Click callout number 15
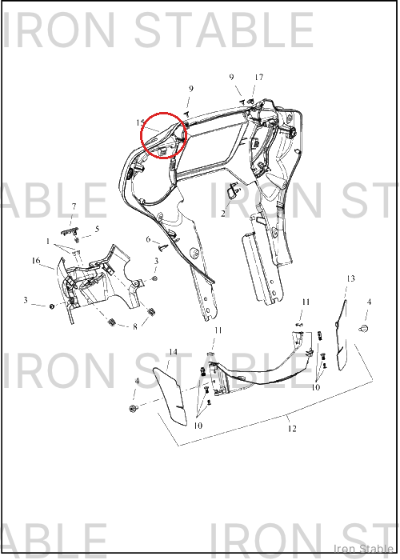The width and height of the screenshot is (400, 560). point(140,123)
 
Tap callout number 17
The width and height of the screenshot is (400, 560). point(259,77)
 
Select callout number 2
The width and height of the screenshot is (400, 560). point(223,214)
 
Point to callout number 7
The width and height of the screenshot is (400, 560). point(74,206)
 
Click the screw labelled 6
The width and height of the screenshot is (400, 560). point(164,246)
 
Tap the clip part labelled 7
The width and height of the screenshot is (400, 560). point(70,232)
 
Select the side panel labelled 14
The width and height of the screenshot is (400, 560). point(171,397)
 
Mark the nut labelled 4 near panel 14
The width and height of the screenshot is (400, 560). point(134,408)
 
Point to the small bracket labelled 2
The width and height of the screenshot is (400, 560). point(233,190)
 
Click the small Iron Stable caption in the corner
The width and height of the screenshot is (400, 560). point(363,549)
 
